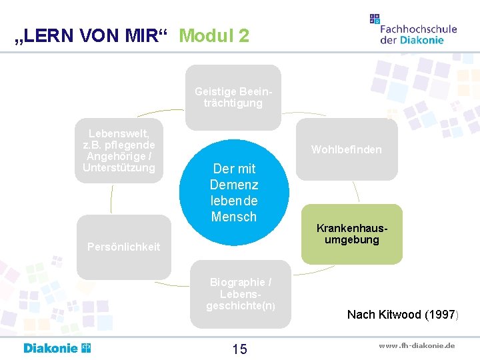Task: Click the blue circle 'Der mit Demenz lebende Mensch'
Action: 234,192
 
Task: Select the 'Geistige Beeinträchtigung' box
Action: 233,97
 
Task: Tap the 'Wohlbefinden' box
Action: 347,149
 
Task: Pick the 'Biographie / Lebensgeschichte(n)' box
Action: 240,294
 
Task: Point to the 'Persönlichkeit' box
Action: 124,247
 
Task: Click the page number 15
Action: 239,349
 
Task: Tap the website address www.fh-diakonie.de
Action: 417,345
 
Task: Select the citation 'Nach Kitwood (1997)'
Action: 401,314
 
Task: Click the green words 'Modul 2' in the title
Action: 214,35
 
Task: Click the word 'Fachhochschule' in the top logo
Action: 418,29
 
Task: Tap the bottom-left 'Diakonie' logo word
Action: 51,348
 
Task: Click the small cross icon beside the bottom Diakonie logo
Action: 86,348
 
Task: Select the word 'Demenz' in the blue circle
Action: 234,185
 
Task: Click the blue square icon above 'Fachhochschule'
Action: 375,19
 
